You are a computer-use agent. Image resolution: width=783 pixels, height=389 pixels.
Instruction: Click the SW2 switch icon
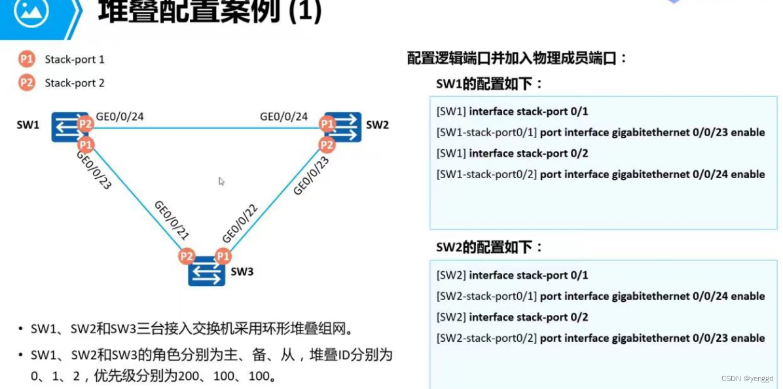(x=342, y=126)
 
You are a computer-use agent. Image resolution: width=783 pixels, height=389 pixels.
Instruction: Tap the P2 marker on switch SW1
(x=85, y=123)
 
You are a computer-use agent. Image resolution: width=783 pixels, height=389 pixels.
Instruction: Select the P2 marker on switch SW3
(x=187, y=257)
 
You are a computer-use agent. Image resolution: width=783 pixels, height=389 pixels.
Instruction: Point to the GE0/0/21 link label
(x=172, y=219)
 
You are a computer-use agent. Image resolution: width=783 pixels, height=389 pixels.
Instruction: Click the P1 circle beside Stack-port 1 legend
(x=26, y=60)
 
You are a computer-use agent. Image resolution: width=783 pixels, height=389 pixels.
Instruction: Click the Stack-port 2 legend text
(x=75, y=83)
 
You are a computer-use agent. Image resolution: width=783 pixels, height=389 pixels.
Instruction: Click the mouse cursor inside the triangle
(x=221, y=181)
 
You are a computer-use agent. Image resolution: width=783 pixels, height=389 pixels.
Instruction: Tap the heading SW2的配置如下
(x=490, y=247)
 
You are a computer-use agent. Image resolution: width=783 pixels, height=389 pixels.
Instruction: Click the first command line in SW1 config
(x=512, y=111)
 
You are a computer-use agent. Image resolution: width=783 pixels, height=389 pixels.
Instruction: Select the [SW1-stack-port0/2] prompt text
(x=486, y=174)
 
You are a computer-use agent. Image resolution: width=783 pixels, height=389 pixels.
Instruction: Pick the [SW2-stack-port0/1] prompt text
(x=486, y=296)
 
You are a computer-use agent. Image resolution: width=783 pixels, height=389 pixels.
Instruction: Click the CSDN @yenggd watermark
(x=747, y=379)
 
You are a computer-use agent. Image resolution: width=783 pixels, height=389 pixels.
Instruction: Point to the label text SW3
(x=242, y=271)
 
